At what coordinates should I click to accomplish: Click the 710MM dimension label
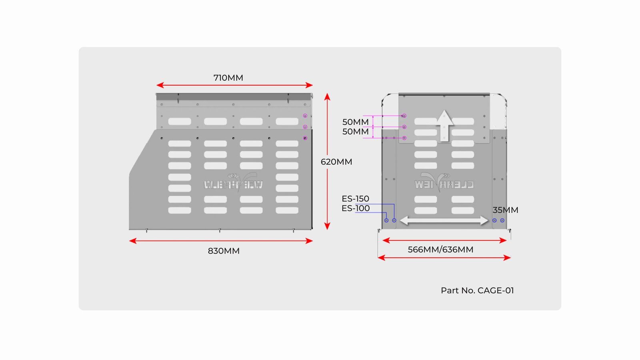pos(228,78)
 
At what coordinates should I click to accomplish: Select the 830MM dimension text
pos(224,251)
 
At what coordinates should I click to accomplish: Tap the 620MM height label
pos(336,162)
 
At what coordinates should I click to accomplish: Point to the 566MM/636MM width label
pos(440,250)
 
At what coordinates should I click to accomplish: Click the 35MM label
pos(505,210)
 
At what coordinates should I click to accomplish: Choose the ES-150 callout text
pos(355,198)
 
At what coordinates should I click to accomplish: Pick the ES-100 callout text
pos(355,208)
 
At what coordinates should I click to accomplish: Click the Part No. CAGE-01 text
pos(477,290)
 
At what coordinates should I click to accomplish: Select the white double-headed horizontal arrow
pos(444,220)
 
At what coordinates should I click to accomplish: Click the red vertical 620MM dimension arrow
pos(327,162)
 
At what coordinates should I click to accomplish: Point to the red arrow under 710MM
pos(234,85)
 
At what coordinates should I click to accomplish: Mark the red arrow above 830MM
pos(221,241)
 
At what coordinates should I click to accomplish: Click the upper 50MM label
pos(355,122)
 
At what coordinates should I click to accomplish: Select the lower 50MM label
pos(355,131)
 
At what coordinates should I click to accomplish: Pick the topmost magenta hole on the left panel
pos(305,116)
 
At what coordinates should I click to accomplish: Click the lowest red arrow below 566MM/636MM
pos(444,258)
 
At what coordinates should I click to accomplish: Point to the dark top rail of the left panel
pos(234,96)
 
